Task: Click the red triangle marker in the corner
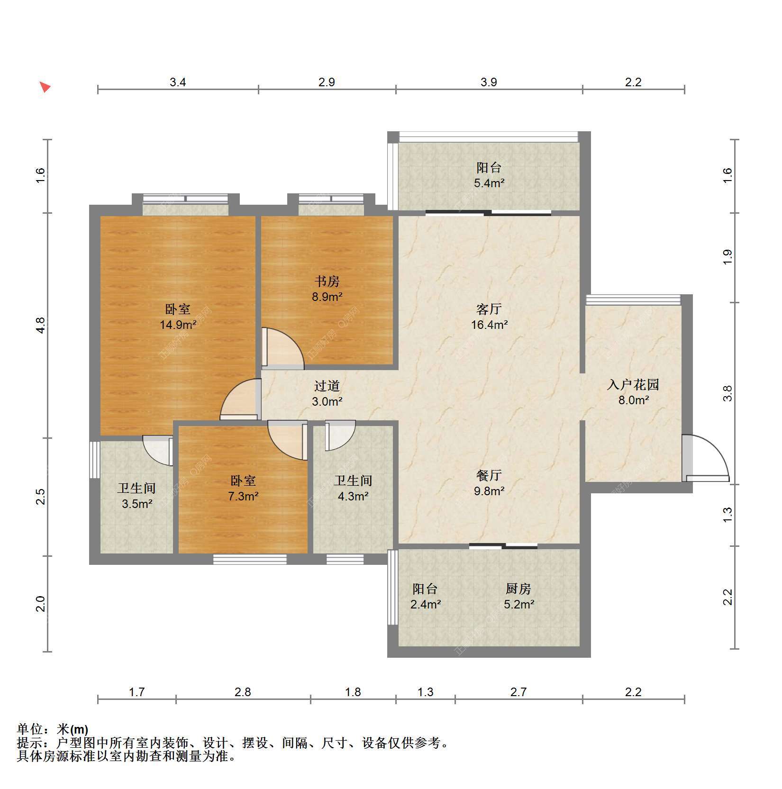point(45,87)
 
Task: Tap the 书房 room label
point(327,281)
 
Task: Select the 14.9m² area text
point(178,325)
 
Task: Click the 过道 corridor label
point(327,386)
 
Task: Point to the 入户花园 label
point(633,384)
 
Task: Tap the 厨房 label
point(518,589)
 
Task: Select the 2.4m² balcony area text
point(426,605)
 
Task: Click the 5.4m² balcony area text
point(489,183)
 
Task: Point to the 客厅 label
point(489,309)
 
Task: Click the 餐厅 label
point(489,475)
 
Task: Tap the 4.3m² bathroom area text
point(354,497)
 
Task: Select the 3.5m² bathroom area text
point(137,504)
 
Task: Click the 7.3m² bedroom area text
point(243,497)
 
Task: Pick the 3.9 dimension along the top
point(489,82)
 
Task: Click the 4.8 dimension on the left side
point(41,325)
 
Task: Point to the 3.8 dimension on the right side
point(727,393)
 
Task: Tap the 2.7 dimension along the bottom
point(518,692)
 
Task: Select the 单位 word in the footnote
point(30,729)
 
